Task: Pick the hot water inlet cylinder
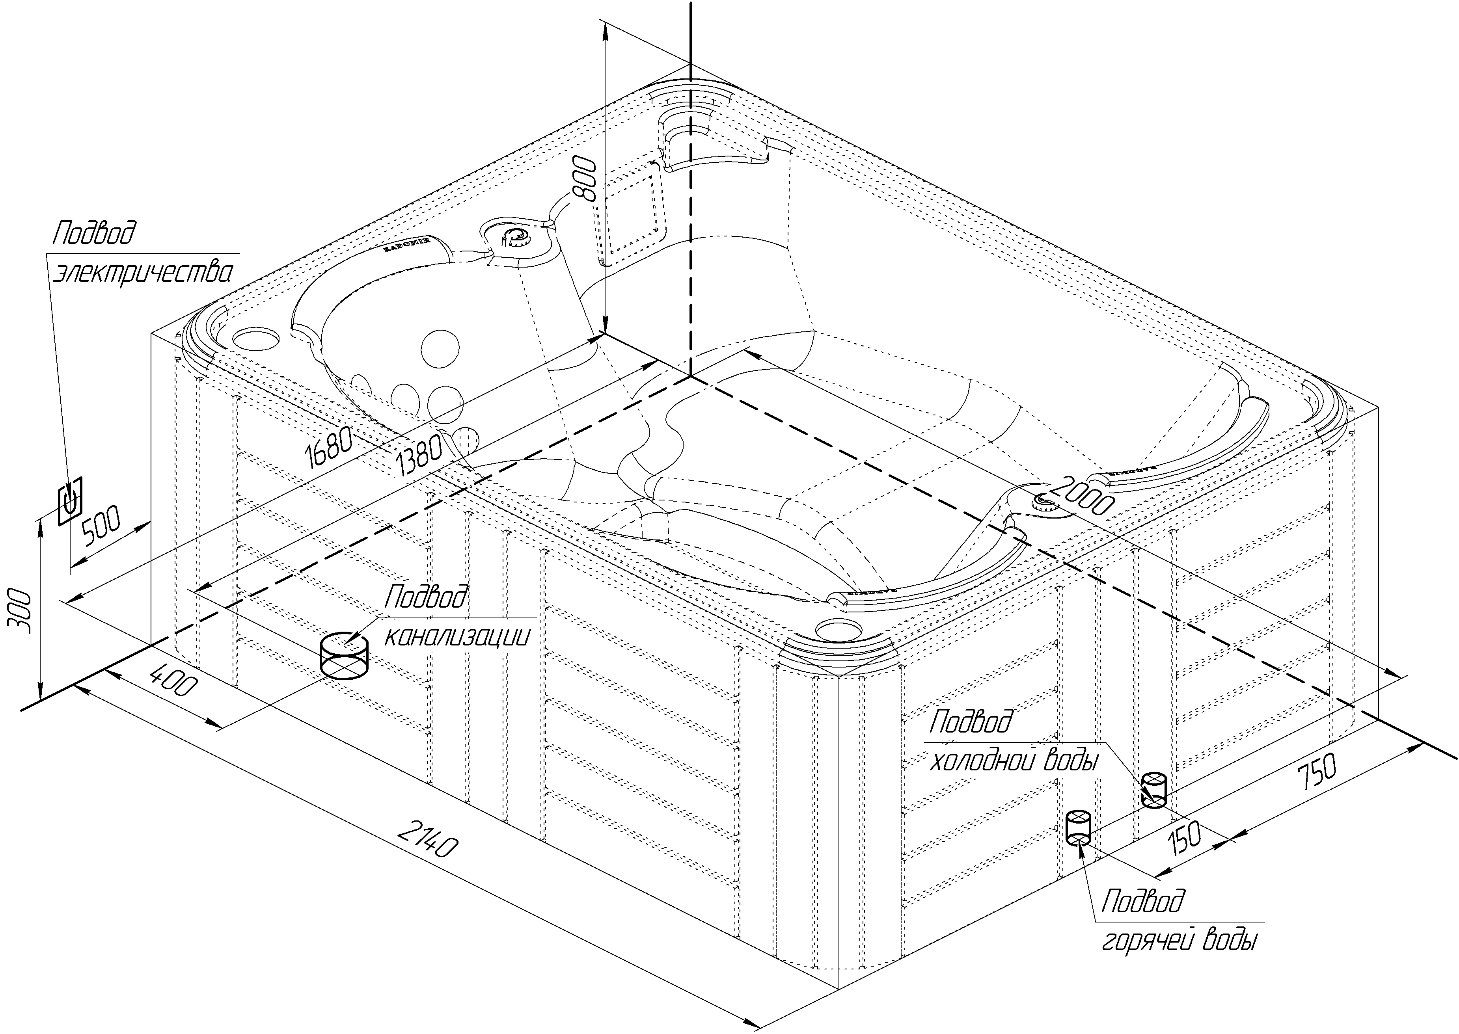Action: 1079,826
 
